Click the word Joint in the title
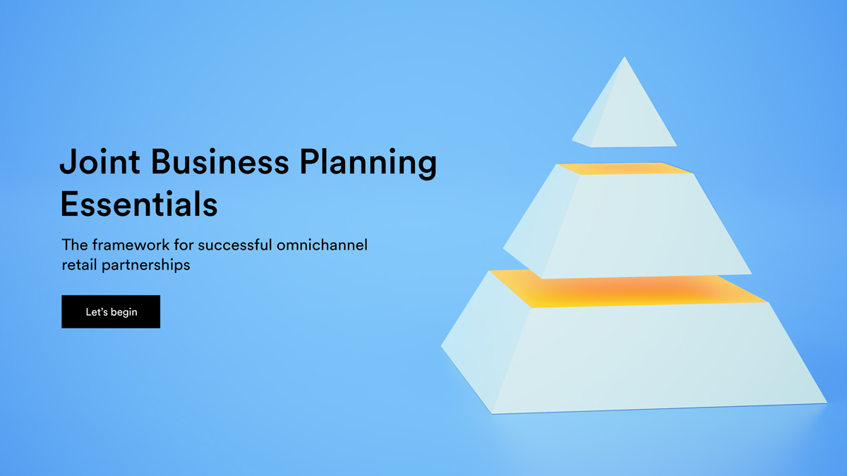pos(100,161)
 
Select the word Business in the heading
pos(220,161)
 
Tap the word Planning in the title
pos(368,163)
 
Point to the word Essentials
pos(139,204)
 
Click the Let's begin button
pos(111,312)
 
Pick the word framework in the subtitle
pos(131,245)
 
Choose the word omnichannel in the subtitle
pos(322,245)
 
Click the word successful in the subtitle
pos(235,245)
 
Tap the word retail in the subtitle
pos(79,264)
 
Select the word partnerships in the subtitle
pos(146,265)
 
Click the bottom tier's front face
pos(658,357)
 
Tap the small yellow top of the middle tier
pos(625,169)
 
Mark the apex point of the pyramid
pos(624,57)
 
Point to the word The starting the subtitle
pos(75,245)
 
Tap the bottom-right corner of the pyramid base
pos(827,403)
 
